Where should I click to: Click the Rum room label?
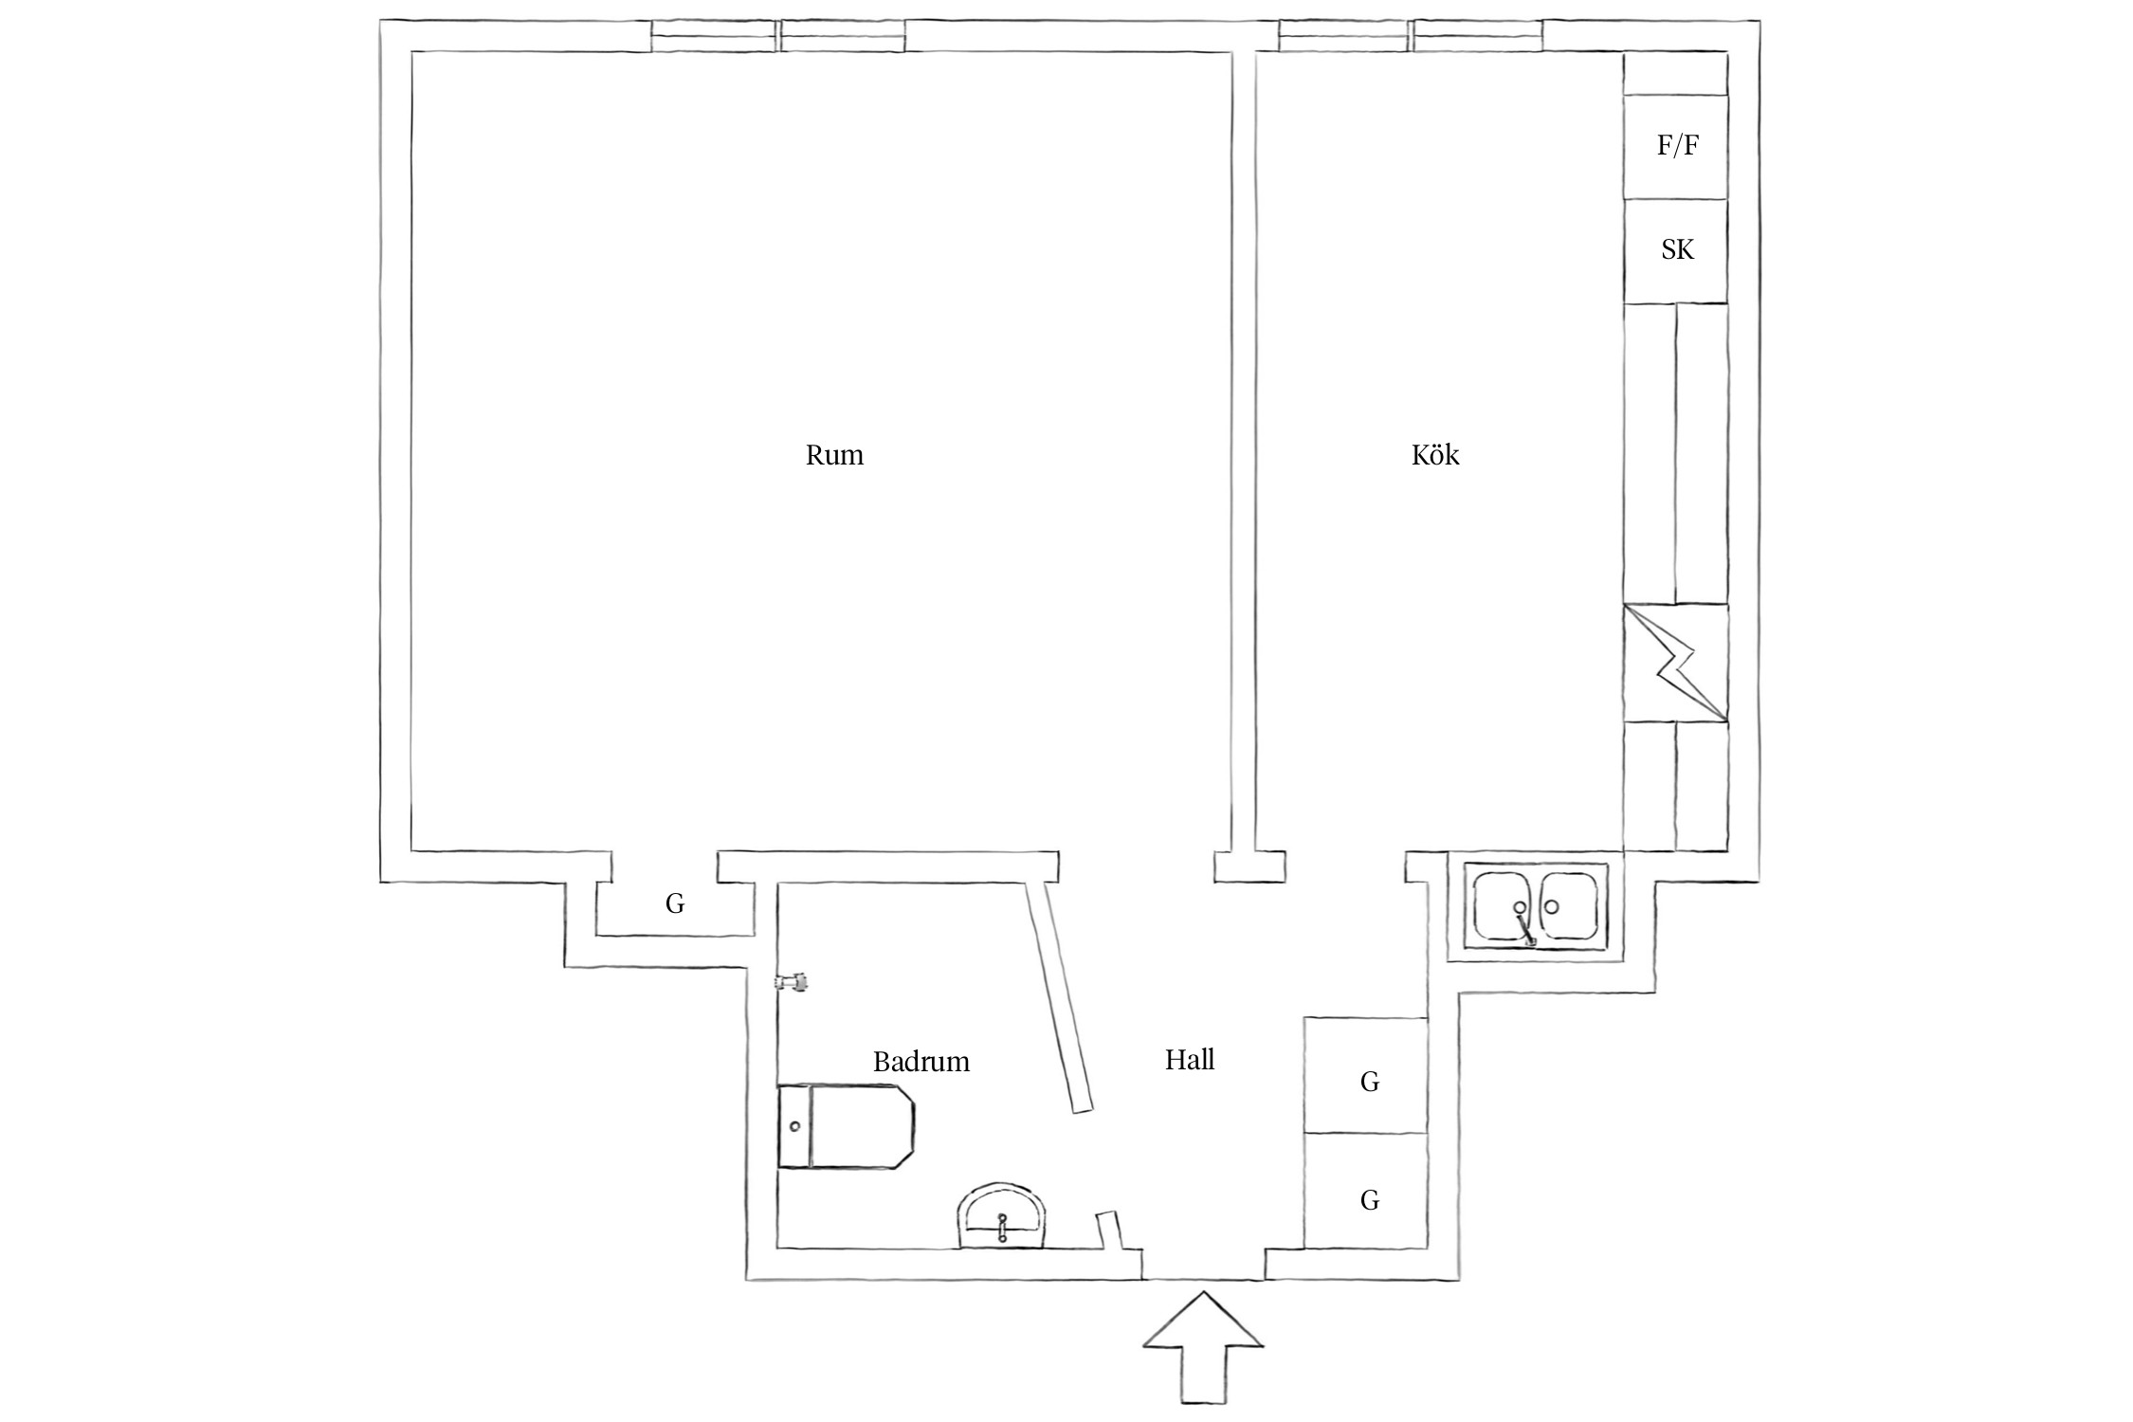tap(834, 455)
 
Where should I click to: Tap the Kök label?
tap(1434, 455)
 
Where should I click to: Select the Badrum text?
tap(921, 1061)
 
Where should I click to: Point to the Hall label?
tap(1189, 1059)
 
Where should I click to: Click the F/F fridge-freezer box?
tap(1675, 146)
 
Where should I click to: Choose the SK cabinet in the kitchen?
tap(1675, 250)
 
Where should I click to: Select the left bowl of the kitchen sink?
tap(1504, 906)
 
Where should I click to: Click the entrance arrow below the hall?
tap(1203, 1356)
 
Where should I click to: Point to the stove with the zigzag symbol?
tap(1675, 663)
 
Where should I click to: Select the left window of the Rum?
tap(714, 36)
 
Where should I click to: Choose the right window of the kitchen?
tap(1477, 36)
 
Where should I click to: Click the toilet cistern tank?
tap(794, 1126)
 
